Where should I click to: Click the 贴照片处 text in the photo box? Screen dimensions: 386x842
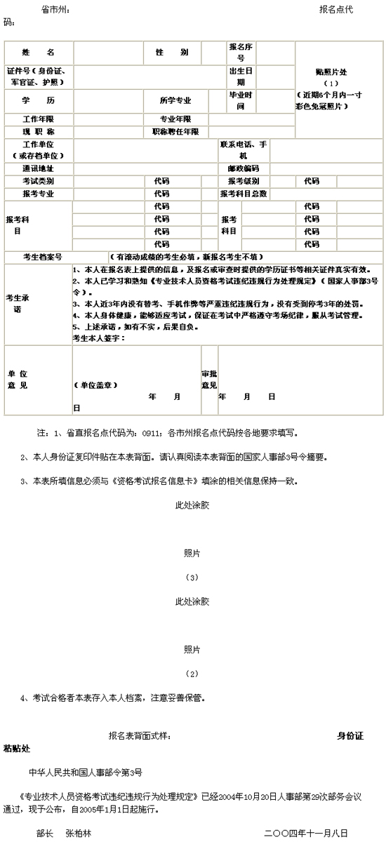[x=339, y=72]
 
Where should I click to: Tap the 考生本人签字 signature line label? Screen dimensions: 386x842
[x=98, y=338]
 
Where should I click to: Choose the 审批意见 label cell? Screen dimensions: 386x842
[x=209, y=380]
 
